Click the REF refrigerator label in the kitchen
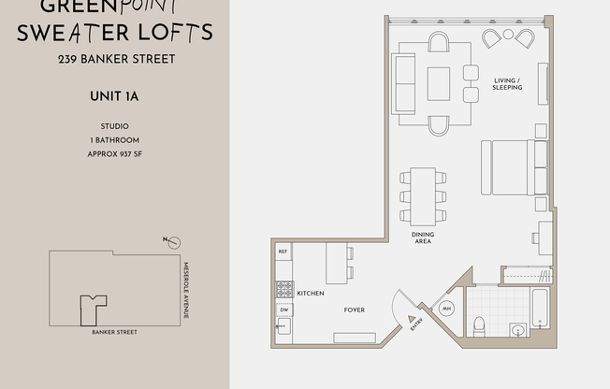283,252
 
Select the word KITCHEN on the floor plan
310,294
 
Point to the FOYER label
354,310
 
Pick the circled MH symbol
446,310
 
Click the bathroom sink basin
517,329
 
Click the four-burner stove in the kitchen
283,288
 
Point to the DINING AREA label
423,238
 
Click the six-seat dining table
423,195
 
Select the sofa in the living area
404,83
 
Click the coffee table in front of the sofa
439,83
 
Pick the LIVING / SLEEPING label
507,85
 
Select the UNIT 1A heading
114,94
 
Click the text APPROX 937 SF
114,153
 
